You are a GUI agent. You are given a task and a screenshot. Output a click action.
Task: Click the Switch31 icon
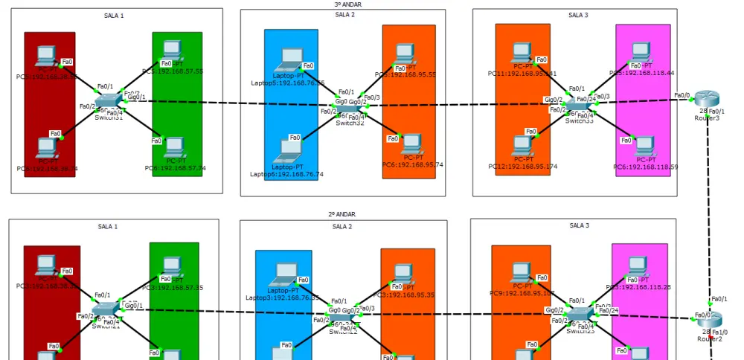pos(108,100)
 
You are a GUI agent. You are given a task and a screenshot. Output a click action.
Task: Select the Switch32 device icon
pos(347,109)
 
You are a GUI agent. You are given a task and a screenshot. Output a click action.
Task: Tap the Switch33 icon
pos(579,103)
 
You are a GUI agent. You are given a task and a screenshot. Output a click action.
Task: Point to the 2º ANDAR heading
pos(341,214)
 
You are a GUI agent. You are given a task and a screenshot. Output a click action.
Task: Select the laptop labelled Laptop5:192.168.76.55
pos(287,59)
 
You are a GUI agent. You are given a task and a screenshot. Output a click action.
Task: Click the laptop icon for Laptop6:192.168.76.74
pos(287,150)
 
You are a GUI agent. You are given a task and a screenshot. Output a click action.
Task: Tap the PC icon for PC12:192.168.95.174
pos(522,145)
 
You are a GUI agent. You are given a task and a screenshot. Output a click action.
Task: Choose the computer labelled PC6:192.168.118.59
pos(645,146)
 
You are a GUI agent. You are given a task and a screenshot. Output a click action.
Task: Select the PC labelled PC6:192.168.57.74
pos(175,147)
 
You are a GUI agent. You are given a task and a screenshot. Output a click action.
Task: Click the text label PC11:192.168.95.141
pos(522,74)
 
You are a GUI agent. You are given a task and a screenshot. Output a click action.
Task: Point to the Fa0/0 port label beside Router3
pos(682,95)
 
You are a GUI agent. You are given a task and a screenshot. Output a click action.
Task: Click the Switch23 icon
pos(580,315)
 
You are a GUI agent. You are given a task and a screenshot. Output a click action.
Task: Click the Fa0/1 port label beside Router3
pos(716,111)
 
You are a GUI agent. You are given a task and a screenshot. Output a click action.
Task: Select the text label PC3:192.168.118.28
pos(638,286)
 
